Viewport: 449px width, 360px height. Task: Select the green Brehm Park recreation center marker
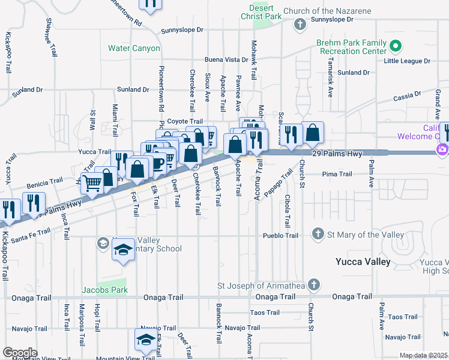[x=395, y=46]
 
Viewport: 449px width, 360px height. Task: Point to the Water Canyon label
[x=134, y=48]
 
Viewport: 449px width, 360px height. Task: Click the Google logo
[x=20, y=353]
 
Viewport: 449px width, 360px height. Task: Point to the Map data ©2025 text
[x=423, y=355]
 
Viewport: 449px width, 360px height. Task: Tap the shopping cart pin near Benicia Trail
[x=93, y=183]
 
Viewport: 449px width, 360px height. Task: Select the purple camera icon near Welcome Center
[x=442, y=149]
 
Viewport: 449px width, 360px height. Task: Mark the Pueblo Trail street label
[x=280, y=236]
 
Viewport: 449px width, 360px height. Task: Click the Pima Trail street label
[x=337, y=174]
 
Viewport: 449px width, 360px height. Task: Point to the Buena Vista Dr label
[x=226, y=60]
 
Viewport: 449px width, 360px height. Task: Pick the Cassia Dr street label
[x=407, y=96]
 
